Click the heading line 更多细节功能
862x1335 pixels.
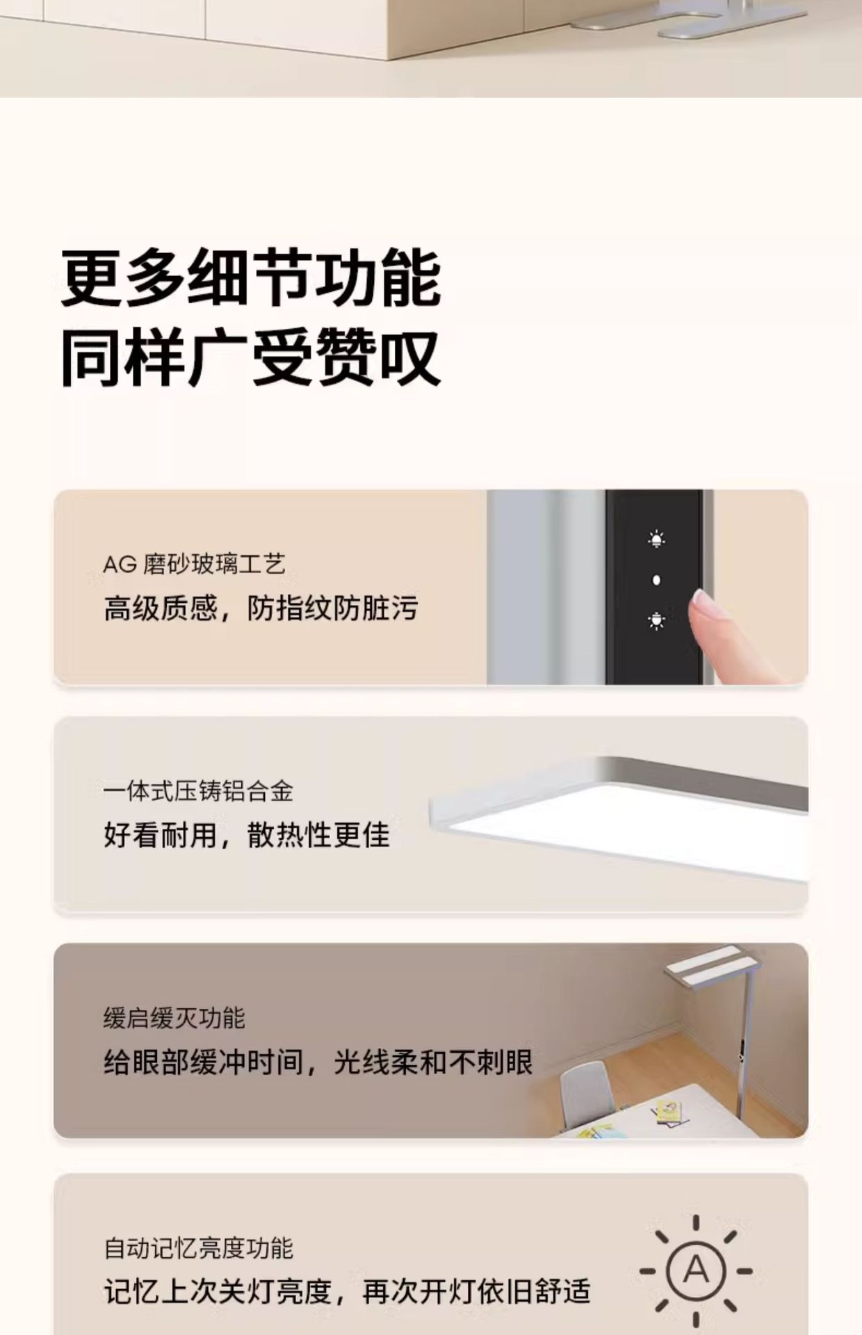(251, 279)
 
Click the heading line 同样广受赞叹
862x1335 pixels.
(251, 358)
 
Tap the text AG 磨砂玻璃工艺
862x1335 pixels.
(194, 564)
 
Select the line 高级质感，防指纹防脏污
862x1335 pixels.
(261, 608)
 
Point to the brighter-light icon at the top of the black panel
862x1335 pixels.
(656, 539)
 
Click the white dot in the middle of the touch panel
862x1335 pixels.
(656, 580)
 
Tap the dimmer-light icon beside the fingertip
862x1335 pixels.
(656, 620)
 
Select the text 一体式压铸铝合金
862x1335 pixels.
(198, 791)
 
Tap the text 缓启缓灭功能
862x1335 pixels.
(174, 1019)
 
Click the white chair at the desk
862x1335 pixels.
(587, 1094)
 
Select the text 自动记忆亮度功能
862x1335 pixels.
(198, 1248)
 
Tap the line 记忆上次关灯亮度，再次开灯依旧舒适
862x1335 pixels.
(347, 1292)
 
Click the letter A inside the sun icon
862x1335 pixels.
(696, 1270)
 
